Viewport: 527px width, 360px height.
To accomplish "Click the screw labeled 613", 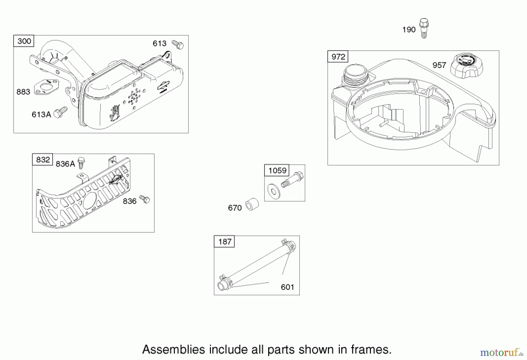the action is coord(177,45).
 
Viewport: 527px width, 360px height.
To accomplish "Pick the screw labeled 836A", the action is coord(81,163).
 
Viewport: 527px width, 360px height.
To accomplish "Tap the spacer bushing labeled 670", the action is coord(252,204).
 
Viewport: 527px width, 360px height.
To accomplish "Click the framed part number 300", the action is coord(24,41).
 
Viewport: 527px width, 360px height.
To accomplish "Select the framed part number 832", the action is coord(43,160).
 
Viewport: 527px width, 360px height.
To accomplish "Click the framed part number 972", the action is coord(338,57).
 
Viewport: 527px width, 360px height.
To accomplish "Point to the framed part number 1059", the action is coord(277,170).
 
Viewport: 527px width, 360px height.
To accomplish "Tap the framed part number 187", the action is coord(225,242).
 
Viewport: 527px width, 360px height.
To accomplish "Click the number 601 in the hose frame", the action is coord(287,287).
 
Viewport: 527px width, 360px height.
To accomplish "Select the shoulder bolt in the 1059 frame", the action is coord(292,180).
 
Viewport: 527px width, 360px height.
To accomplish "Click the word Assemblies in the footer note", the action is coord(174,349).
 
